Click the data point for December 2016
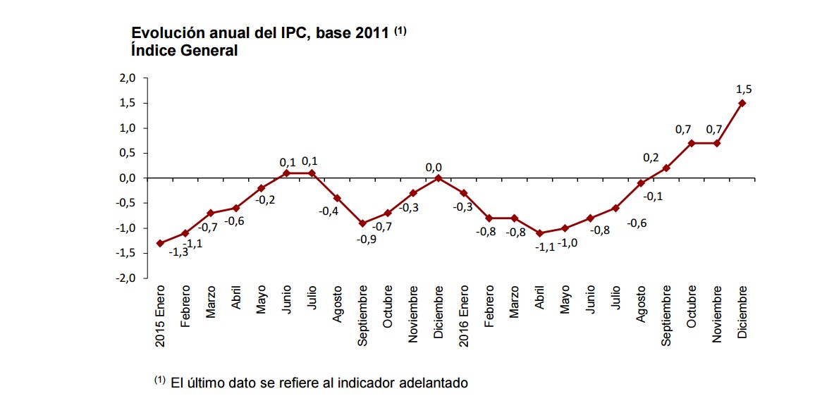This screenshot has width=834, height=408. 742,103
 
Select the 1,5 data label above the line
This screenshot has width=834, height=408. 744,89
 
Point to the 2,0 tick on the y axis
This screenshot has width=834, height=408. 127,78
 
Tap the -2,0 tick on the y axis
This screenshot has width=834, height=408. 125,278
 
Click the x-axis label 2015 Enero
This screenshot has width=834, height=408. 160,316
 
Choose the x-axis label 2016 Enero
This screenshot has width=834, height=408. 464,316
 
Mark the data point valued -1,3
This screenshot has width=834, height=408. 160,243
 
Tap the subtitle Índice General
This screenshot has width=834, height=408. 184,51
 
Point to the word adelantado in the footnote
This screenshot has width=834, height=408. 434,383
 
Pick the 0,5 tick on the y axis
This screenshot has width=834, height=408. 127,153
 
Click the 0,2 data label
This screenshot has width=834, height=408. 650,158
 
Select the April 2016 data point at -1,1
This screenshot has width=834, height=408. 539,233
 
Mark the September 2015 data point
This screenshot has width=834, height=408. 362,223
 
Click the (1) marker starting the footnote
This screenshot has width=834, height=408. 159,381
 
